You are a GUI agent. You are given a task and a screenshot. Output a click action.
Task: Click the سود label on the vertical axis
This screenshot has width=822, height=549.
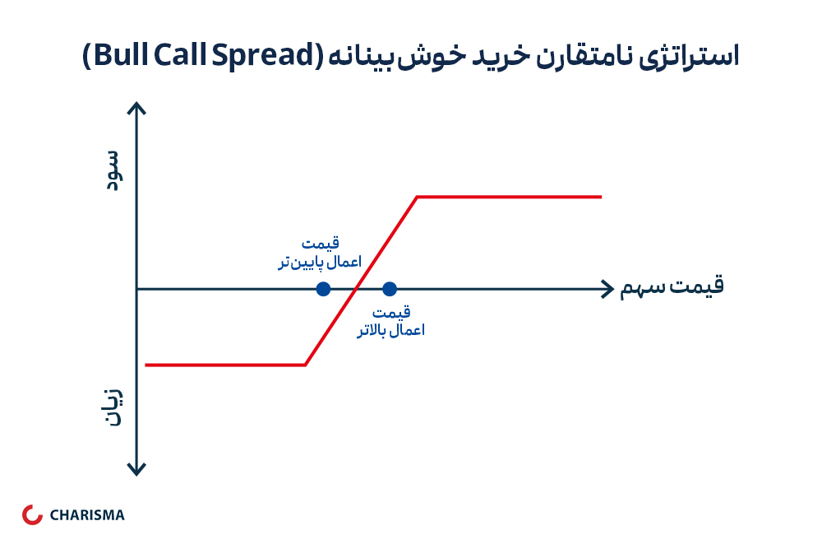click(x=113, y=170)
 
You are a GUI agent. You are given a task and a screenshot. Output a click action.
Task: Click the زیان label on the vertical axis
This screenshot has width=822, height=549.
click(x=113, y=407)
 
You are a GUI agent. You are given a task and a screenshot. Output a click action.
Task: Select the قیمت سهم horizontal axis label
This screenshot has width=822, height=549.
click(x=672, y=286)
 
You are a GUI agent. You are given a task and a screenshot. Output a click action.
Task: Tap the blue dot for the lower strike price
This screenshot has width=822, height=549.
click(x=323, y=289)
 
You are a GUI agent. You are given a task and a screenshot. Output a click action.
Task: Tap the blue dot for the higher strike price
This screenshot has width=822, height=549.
click(x=390, y=289)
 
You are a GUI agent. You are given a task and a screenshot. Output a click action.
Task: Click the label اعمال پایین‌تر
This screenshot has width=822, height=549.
click(x=320, y=262)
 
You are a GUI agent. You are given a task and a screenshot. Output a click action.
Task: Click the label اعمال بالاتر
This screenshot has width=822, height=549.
click(x=391, y=330)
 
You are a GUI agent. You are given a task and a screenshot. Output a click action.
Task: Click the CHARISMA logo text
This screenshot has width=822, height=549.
click(x=87, y=515)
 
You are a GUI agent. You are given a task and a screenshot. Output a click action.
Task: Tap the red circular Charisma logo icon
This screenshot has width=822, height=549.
click(x=32, y=515)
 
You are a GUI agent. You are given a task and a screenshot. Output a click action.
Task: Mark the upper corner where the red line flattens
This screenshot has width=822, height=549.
click(x=418, y=197)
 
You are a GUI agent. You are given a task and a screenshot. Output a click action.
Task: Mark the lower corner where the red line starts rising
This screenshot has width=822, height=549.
click(x=305, y=365)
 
